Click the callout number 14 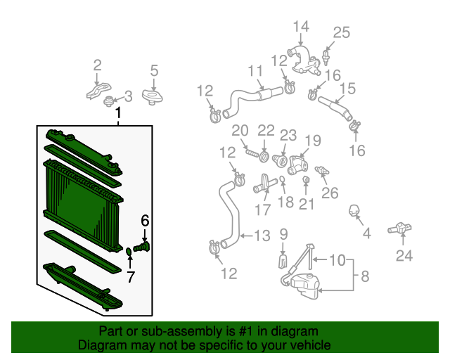[x=301, y=27]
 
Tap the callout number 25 [x=342, y=32]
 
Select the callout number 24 [x=404, y=255]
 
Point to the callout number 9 [x=283, y=235]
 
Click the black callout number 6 [x=145, y=221]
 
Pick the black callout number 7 [x=131, y=277]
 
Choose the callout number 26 [x=330, y=193]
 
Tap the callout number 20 [x=240, y=131]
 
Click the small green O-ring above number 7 [x=129, y=252]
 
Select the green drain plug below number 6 [x=141, y=247]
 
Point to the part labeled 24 [x=400, y=229]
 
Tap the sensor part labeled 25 [x=326, y=58]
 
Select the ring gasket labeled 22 [x=264, y=157]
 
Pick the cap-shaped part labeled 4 [x=354, y=211]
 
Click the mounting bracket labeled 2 [x=98, y=91]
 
